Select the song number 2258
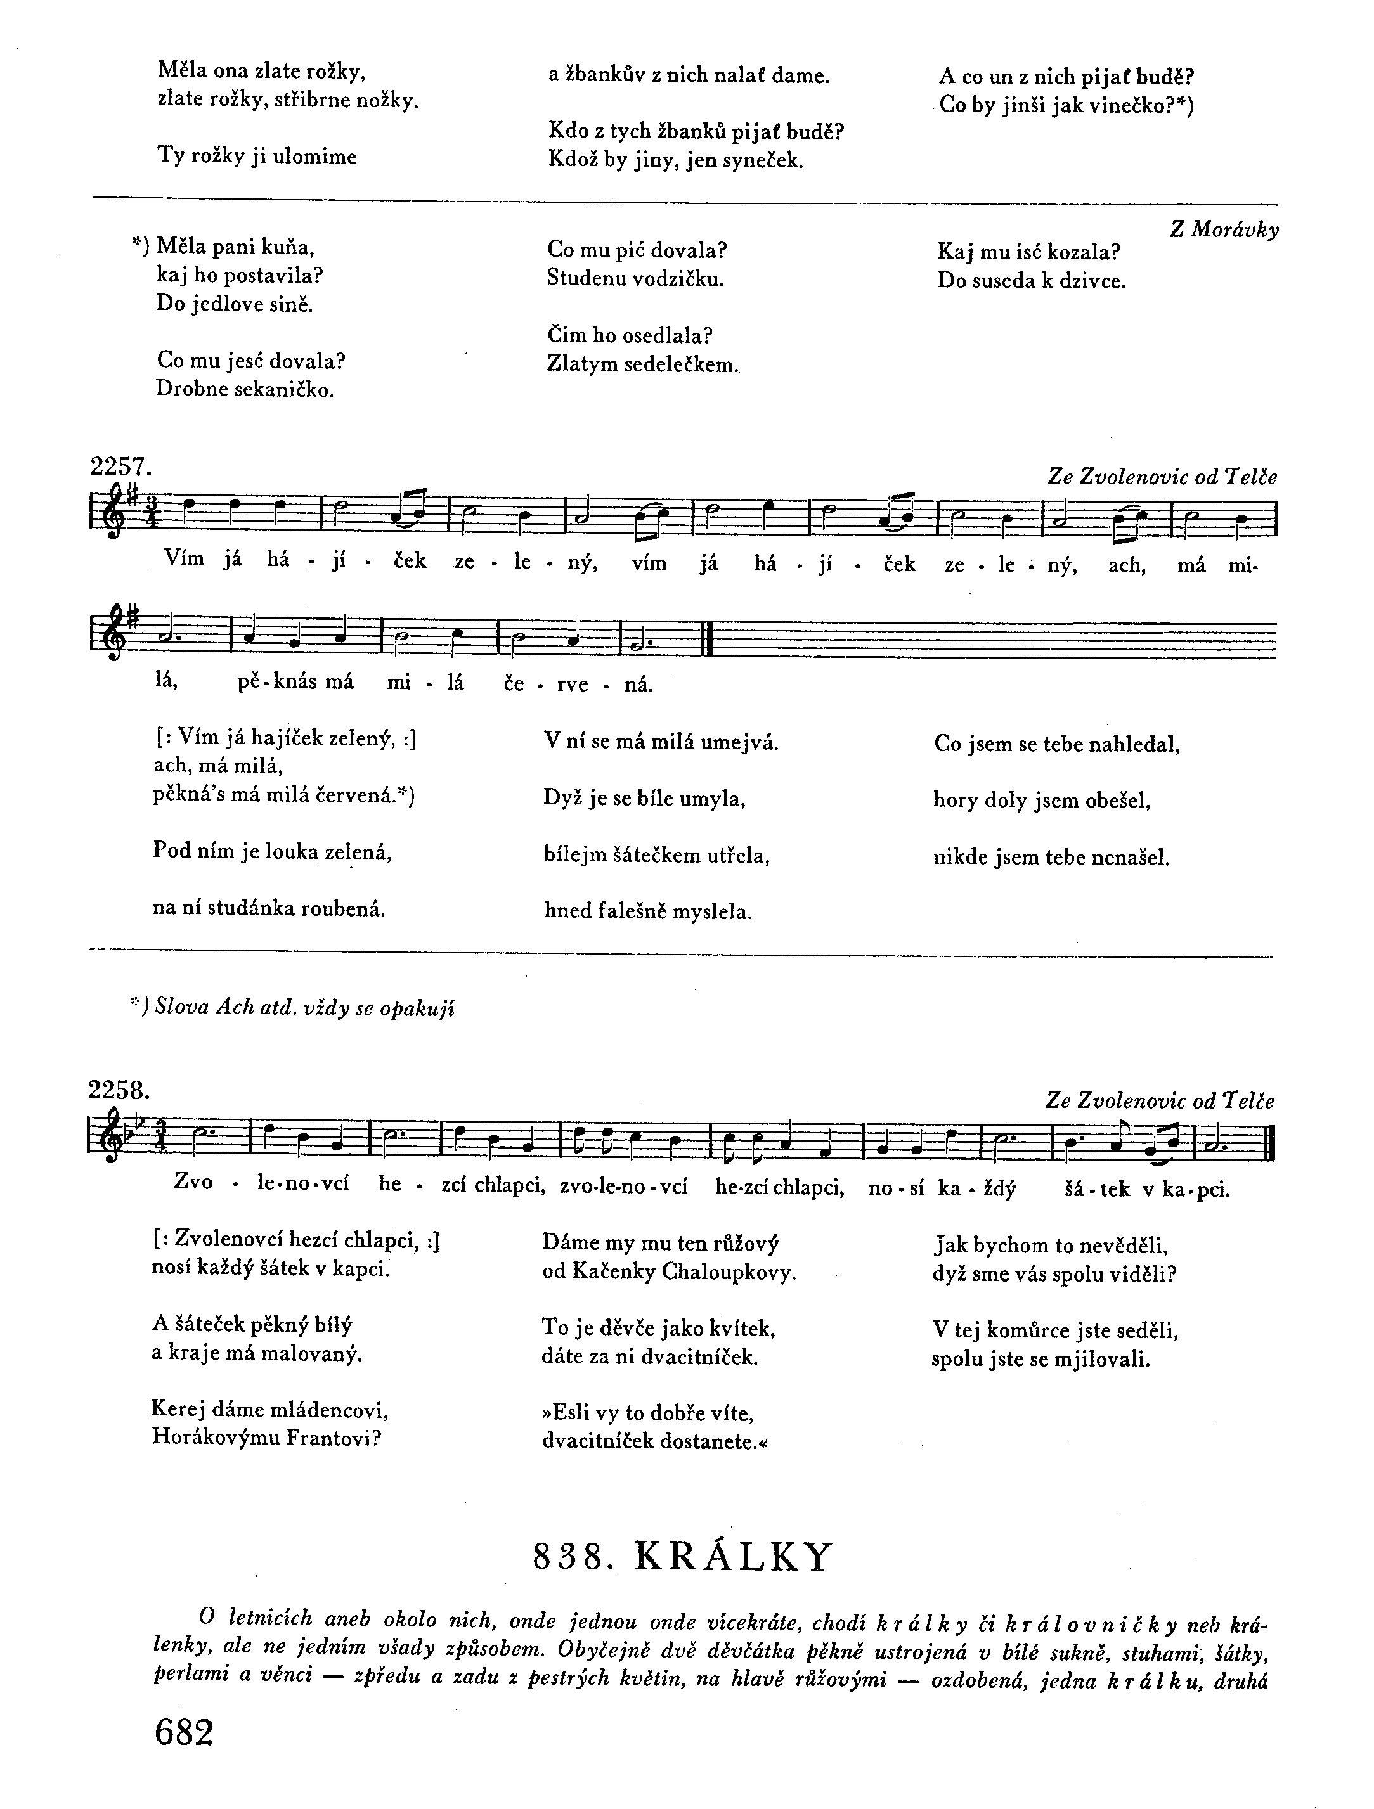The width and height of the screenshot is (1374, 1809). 119,1090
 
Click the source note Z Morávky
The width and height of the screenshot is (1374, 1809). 1224,230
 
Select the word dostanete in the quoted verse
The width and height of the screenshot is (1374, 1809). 706,1441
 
